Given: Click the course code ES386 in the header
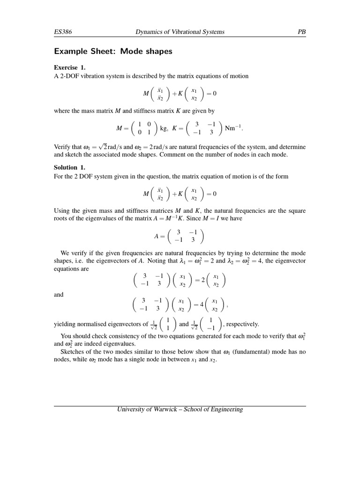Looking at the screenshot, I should [63, 32].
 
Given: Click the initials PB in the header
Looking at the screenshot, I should [301, 32].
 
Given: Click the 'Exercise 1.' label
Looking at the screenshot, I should [70, 67].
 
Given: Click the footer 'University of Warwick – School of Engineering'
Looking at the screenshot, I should [180, 409].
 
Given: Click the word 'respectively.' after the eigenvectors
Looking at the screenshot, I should [242, 324].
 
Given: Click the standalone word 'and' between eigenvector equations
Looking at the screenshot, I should [59, 294].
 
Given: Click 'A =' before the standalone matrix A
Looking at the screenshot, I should [159, 236].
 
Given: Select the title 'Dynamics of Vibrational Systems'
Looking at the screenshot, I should [180, 32].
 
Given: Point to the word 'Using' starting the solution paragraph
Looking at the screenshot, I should [62, 211].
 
